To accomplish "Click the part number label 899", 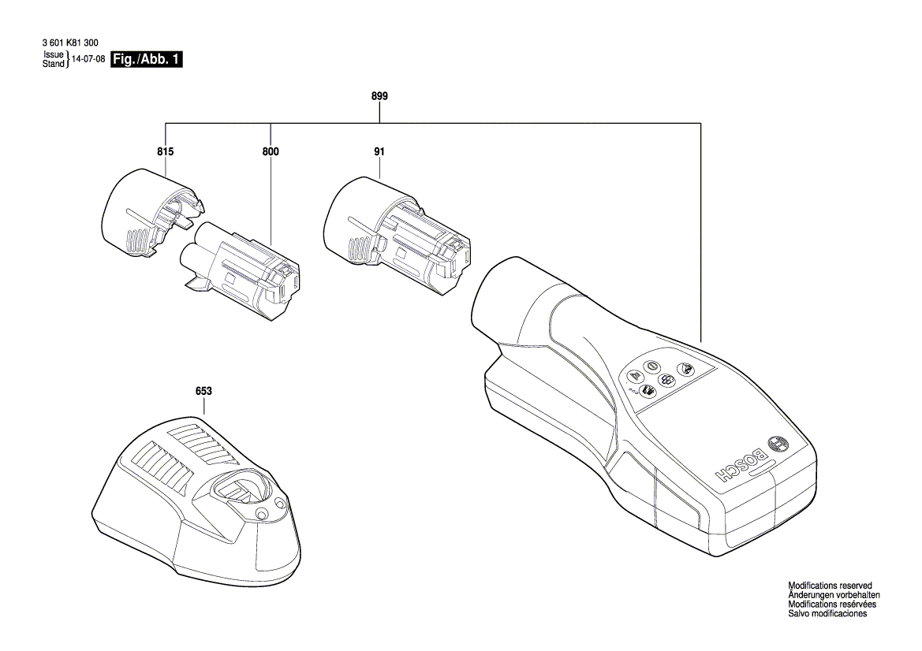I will coord(379,96).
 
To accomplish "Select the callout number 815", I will coord(165,151).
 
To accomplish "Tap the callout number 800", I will coord(271,151).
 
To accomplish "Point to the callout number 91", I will coord(379,151).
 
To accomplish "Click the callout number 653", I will coord(203,391).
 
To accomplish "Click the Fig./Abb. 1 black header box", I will coord(147,60).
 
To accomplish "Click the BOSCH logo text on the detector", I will coord(741,465).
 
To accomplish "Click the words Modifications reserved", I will coord(830,586).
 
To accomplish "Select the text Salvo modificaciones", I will coord(827,614).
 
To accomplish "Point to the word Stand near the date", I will coord(54,64).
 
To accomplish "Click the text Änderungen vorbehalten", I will coord(834,595).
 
